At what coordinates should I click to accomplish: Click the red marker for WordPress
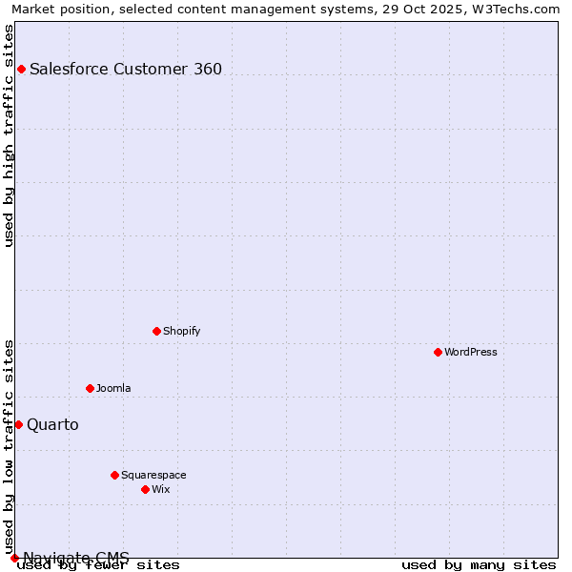tap(438, 352)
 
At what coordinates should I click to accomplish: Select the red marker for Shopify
tap(156, 331)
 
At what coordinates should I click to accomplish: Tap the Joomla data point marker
tap(90, 388)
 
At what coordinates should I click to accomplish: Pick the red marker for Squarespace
tap(114, 475)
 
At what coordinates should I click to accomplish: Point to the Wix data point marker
tap(145, 489)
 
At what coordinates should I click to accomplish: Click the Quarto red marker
tap(18, 424)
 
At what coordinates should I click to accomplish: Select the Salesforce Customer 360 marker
tap(21, 69)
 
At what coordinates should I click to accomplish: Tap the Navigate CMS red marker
tap(14, 558)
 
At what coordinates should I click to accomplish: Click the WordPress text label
tap(471, 352)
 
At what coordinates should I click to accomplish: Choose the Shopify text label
tap(181, 331)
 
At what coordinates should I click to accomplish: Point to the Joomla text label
tap(113, 388)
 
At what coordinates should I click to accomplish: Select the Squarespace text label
tap(153, 475)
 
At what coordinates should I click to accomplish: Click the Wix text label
tap(160, 489)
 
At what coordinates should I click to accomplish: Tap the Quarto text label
tap(52, 424)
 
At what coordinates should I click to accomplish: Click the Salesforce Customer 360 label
tap(126, 69)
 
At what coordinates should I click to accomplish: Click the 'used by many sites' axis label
tap(479, 564)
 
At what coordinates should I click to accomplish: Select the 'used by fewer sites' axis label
tap(99, 564)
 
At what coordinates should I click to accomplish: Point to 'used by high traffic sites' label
tap(10, 135)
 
